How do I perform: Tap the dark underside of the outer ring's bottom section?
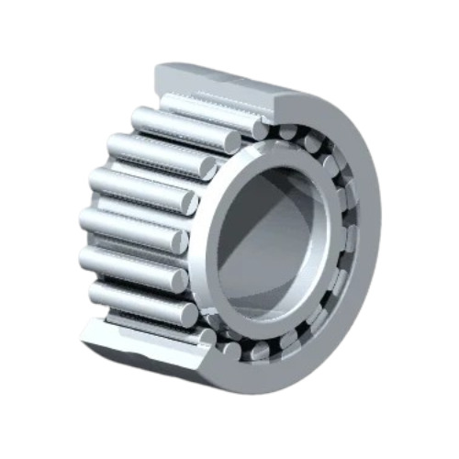tap(156, 367)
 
